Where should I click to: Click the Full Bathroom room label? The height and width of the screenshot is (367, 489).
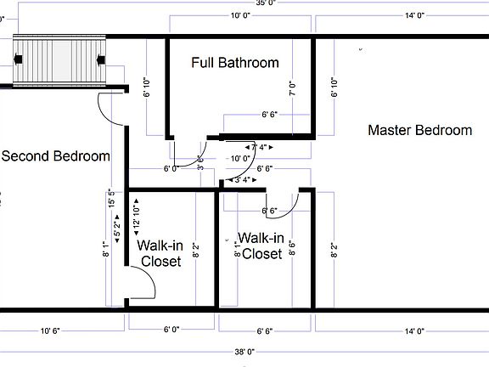click(x=235, y=63)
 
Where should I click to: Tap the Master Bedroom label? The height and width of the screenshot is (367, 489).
click(x=419, y=130)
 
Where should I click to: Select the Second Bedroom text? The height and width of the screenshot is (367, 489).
click(x=56, y=156)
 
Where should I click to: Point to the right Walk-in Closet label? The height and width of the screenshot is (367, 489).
click(x=261, y=246)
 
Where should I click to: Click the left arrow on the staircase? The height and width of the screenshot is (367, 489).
click(x=18, y=59)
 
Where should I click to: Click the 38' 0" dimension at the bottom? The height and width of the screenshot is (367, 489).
click(x=244, y=351)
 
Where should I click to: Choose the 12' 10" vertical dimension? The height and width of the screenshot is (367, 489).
click(x=135, y=210)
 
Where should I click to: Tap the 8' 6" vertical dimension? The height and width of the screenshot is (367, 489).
click(x=292, y=248)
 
